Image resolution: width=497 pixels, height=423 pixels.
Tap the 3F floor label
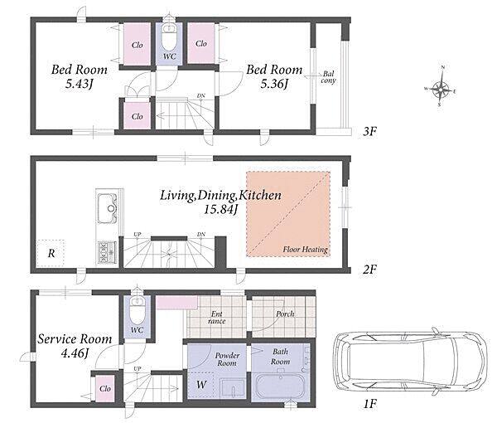pos(369,131)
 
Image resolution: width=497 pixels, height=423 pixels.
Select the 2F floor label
pos(369,270)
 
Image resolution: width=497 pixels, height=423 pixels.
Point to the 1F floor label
pos(369,404)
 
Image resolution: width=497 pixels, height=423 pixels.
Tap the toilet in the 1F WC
pos(137,309)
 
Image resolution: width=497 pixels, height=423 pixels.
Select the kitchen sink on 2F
pos(107,208)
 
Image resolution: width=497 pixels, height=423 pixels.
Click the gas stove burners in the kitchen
pos(107,252)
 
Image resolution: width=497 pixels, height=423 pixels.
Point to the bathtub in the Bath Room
pos(280,387)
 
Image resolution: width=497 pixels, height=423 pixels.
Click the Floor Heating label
pos(305,249)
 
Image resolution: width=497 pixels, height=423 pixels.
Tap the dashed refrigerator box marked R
pos(51,253)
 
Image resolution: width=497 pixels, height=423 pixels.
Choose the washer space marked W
pos(201,385)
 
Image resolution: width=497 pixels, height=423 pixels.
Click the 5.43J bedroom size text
pos(80,84)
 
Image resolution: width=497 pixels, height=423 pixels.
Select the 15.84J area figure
pos(220,209)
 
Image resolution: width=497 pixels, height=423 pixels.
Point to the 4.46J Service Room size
pos(75,352)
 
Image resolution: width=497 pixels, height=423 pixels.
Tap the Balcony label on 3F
pos(328,77)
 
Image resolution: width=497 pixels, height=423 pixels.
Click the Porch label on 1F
pos(285,314)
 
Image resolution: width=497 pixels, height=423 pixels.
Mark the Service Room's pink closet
pos(105,388)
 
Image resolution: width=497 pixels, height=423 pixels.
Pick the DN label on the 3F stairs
pos(201,95)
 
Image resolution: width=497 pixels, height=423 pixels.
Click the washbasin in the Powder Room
pos(233,387)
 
